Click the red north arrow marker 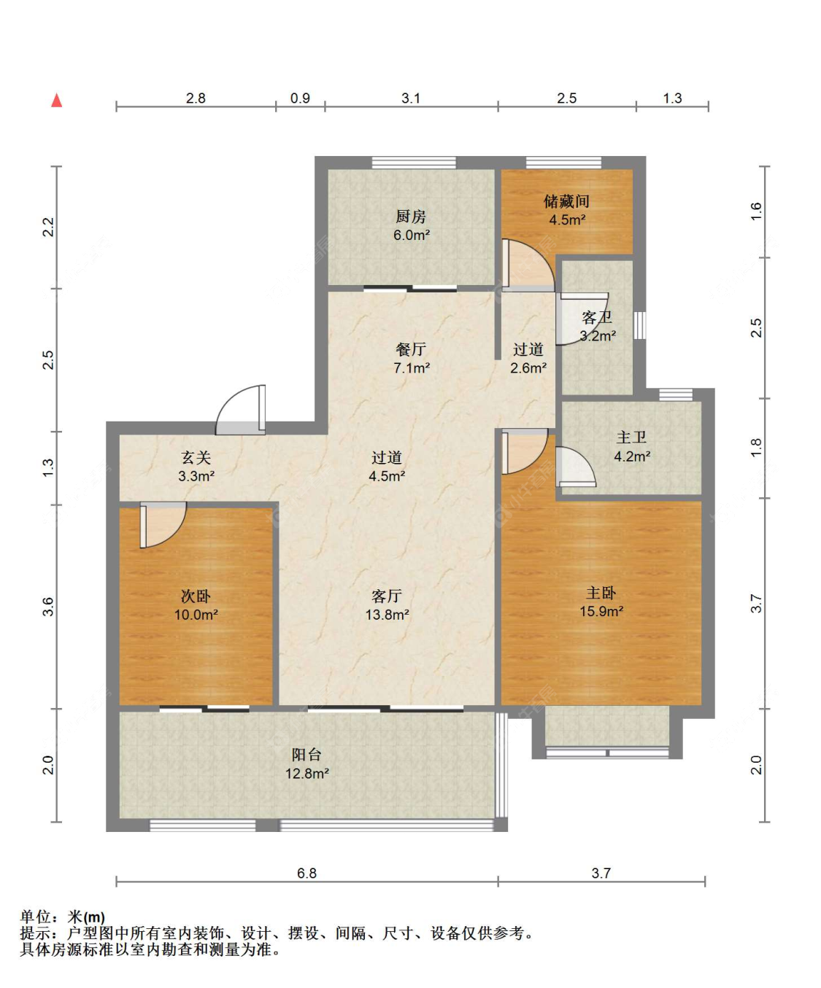(57, 101)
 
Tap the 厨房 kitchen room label (411, 217)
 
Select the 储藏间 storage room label (566, 201)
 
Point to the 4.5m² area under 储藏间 (567, 220)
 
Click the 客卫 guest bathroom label (597, 317)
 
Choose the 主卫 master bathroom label (631, 437)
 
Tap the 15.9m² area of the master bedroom (601, 611)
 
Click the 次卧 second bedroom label (196, 596)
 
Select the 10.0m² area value (196, 615)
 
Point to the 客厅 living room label (387, 596)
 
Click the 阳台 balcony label (307, 754)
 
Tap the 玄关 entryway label (196, 458)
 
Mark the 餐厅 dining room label (411, 349)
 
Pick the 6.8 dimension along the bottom (307, 873)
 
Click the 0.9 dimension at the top (300, 98)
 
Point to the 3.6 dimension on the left (48, 607)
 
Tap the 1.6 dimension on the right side (756, 211)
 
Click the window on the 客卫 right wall (639, 325)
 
